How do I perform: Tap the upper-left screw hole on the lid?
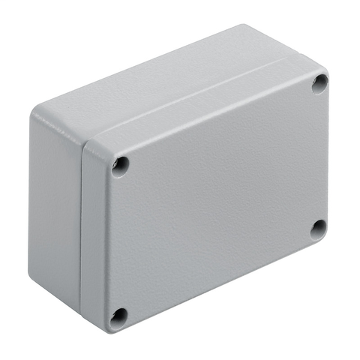(120, 165)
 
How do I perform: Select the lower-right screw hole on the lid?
(318, 229)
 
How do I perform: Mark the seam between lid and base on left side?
(82, 225)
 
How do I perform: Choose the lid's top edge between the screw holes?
(217, 116)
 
